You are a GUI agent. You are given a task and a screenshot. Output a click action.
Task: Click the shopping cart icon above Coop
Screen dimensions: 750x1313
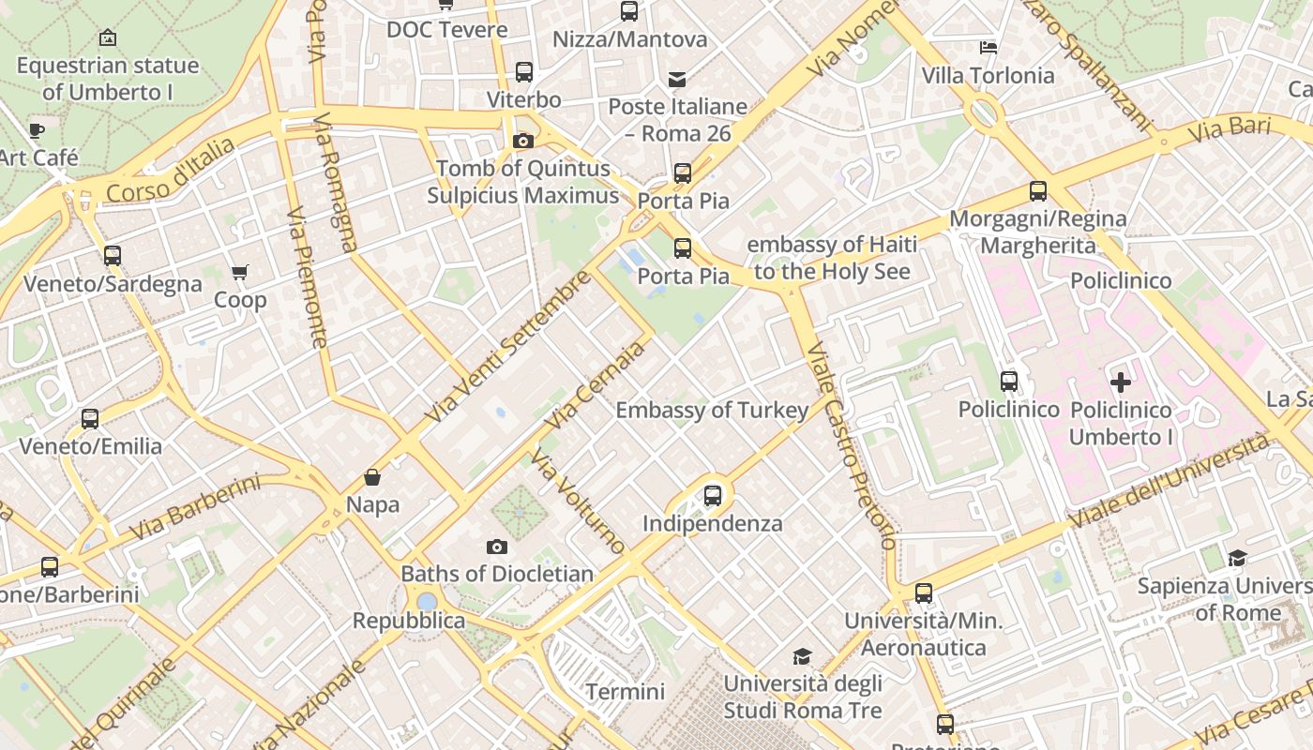240,273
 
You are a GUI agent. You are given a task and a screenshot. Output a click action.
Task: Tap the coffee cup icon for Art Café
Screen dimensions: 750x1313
37,130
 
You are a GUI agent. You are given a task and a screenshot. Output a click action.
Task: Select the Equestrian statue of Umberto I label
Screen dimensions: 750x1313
108,79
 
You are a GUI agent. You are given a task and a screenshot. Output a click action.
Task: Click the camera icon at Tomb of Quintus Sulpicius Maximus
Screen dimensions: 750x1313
523,142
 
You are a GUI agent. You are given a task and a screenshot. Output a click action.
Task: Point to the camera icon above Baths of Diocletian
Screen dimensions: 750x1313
497,547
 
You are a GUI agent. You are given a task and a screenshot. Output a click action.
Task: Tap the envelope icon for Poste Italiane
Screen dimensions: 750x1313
676,79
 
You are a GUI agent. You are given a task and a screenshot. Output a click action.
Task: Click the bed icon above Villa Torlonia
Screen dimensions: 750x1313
988,47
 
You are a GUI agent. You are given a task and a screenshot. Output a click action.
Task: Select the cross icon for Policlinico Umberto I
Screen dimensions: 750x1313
1121,382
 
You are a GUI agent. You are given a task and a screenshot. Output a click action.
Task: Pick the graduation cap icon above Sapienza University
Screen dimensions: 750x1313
1237,559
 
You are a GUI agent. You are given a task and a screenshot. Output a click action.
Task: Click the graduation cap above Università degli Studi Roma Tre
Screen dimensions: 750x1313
802,656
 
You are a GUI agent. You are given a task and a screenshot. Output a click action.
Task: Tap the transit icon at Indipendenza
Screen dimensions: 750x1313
713,495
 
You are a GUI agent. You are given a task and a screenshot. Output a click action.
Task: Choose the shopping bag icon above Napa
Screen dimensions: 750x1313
372,477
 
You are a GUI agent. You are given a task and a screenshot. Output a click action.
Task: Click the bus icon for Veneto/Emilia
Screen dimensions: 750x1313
90,418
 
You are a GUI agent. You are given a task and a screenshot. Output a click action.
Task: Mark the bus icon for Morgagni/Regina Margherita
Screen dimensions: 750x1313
1038,191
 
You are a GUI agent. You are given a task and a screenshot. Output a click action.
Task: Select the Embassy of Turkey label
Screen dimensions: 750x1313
712,410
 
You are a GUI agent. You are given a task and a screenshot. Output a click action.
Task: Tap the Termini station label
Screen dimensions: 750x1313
625,692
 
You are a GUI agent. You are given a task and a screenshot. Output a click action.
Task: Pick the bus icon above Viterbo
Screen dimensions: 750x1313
524,72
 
